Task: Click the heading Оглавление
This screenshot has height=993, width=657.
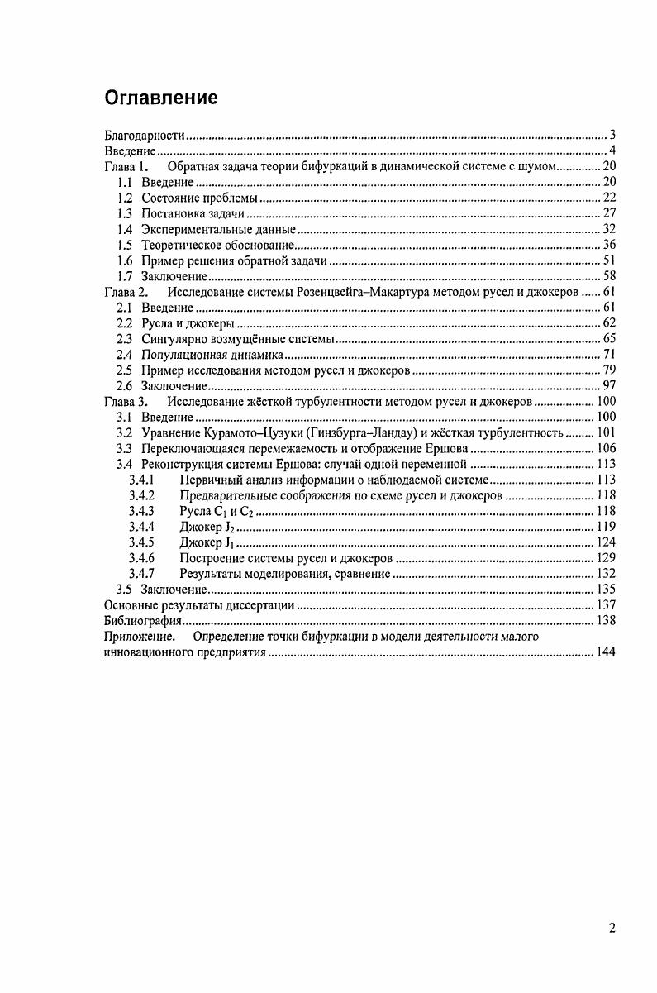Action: coord(160,98)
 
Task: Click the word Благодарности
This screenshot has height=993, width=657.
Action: coord(144,135)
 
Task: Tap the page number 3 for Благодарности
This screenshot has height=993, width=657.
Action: coord(612,135)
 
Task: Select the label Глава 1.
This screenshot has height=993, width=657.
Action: coord(126,166)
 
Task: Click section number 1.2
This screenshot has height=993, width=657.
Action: coord(125,198)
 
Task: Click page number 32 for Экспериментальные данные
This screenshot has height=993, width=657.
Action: coord(608,229)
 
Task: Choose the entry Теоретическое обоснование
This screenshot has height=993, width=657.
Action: coord(217,245)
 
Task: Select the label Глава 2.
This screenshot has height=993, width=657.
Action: coord(126,292)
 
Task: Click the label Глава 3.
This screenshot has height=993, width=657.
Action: coord(126,402)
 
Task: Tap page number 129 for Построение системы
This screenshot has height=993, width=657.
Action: coord(606,559)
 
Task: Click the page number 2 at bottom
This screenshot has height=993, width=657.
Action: coord(612,928)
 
